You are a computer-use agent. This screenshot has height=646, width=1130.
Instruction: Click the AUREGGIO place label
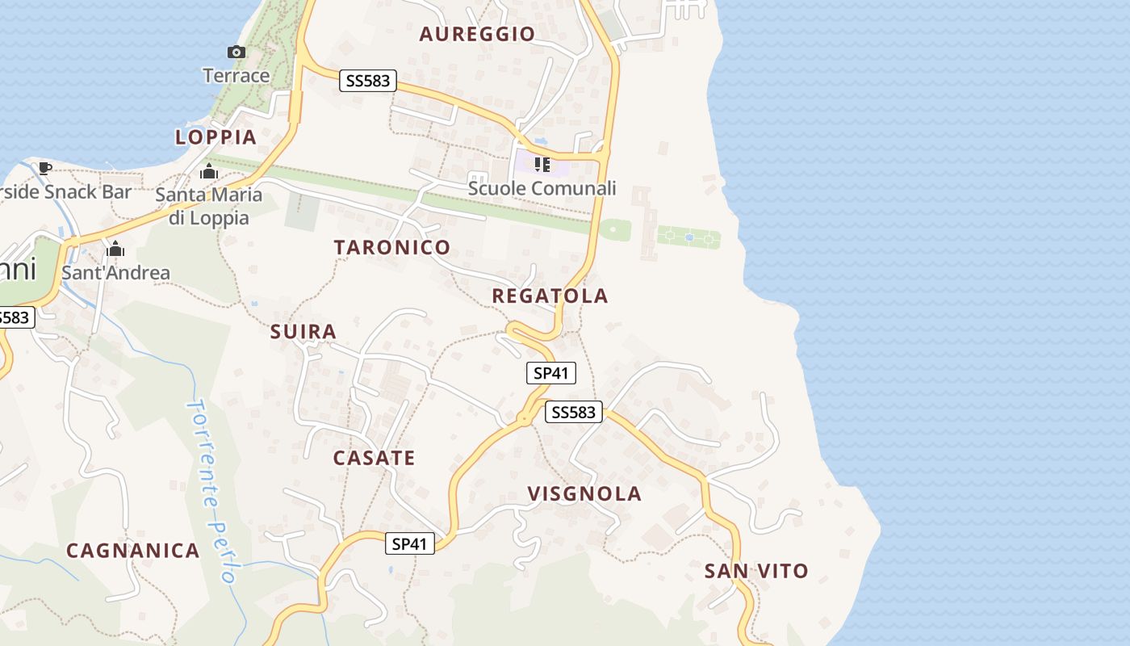477,34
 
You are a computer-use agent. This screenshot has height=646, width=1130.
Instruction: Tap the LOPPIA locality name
216,137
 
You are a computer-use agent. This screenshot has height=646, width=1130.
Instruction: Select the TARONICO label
392,248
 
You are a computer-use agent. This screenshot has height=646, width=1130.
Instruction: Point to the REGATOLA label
550,296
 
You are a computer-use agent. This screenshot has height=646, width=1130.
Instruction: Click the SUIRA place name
303,332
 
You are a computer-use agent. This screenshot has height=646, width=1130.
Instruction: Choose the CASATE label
375,459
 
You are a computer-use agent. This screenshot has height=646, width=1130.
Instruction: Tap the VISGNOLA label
584,494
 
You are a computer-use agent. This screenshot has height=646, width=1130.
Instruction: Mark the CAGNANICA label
133,552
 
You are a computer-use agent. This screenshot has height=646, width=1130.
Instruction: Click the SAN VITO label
756,572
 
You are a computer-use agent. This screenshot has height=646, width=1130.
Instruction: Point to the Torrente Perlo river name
209,489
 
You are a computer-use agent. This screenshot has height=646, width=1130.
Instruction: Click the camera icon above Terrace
236,52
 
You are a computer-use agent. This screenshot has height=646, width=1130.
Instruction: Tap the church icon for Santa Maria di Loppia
209,172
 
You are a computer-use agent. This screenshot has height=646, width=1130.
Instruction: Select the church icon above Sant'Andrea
115,250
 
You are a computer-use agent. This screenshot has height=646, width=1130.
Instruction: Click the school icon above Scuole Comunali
542,166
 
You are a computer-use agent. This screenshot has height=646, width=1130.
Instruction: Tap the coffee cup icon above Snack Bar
45,169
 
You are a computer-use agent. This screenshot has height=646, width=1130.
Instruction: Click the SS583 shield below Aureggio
368,81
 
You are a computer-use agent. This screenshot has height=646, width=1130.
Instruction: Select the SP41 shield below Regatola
552,373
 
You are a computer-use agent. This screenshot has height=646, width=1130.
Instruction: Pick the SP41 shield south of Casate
409,544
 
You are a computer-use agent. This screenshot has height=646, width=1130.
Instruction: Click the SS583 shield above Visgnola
574,413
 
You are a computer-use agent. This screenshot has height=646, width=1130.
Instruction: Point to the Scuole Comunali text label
542,189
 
